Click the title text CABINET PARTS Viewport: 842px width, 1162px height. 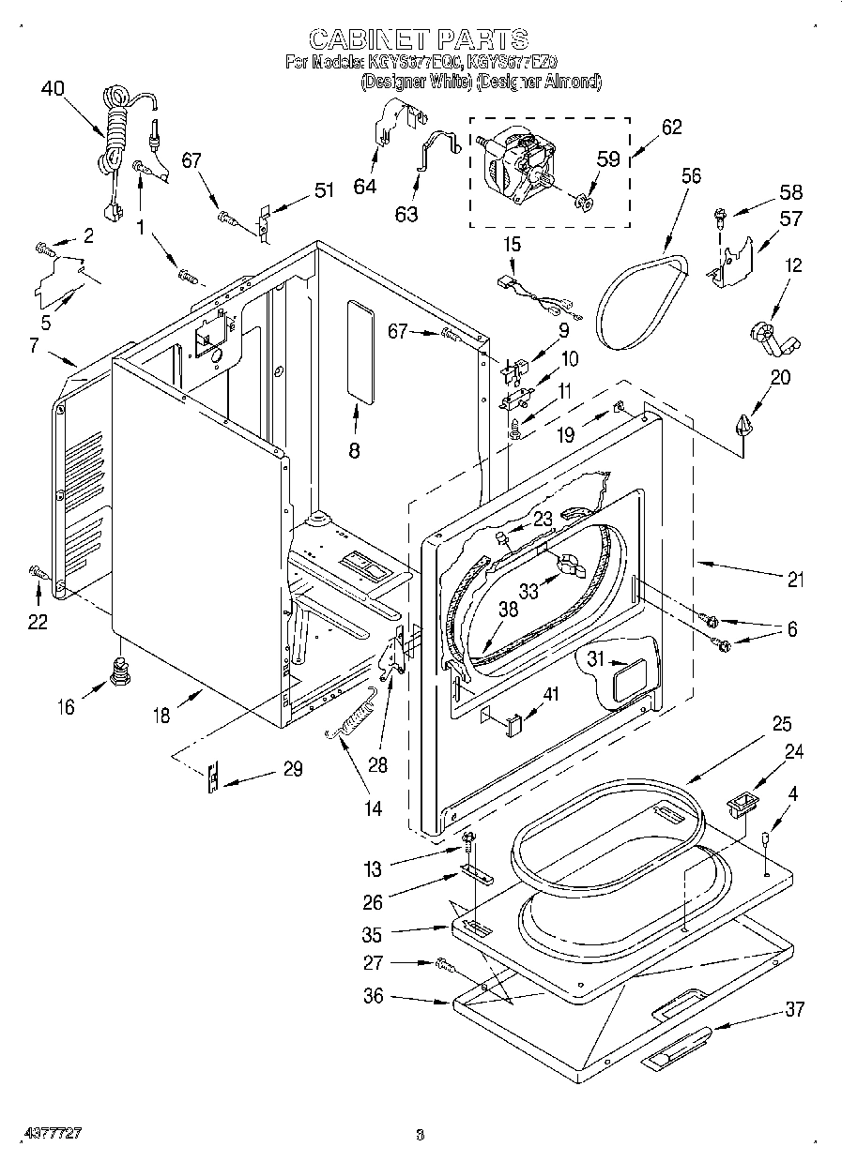point(419,38)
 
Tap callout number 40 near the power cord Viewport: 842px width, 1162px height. point(54,90)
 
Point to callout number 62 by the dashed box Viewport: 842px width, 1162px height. point(671,128)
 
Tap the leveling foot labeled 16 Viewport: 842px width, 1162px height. point(119,671)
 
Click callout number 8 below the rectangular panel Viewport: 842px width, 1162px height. point(354,450)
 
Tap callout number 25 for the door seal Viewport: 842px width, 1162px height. point(781,724)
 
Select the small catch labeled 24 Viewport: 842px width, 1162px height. point(742,802)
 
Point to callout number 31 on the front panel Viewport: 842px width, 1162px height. point(594,660)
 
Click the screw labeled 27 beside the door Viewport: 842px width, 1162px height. point(444,963)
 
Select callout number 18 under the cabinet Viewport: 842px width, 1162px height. point(161,716)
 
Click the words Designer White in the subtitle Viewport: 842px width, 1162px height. point(417,83)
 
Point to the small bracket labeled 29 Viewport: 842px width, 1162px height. point(214,777)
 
